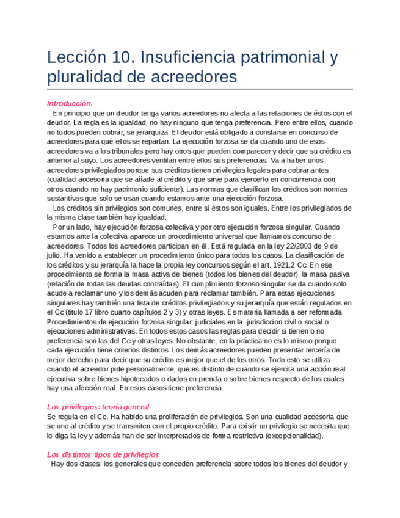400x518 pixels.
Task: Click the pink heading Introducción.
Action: (70, 103)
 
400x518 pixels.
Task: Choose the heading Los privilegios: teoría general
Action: (98, 407)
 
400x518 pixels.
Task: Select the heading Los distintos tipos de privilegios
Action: (103, 454)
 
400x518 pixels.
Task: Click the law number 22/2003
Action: (297, 246)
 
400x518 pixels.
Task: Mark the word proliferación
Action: (152, 417)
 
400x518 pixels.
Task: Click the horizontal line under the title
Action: (200, 89)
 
